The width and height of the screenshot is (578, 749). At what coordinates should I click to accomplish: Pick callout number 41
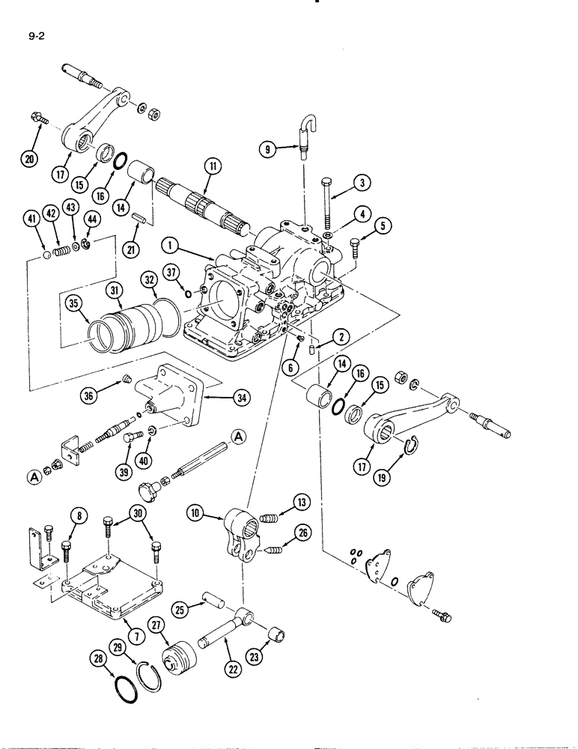click(30, 219)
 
